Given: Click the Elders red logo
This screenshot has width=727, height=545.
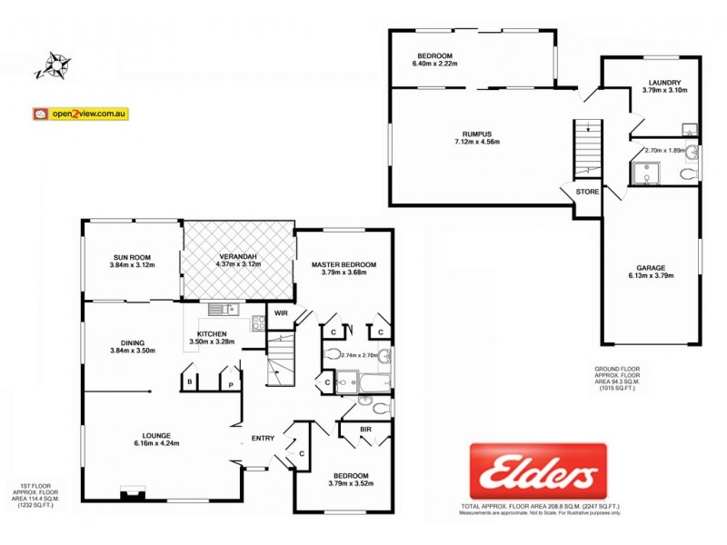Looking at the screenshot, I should (537, 471).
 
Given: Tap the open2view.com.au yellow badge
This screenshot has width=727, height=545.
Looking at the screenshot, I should (81, 114).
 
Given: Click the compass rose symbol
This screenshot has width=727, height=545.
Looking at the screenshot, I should (53, 66).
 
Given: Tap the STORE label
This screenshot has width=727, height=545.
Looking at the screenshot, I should (587, 192).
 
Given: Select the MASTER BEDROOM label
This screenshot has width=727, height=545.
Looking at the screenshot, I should (344, 265).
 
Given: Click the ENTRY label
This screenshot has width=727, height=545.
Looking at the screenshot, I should (263, 439).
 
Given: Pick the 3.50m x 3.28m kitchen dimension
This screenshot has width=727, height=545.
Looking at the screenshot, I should (212, 342).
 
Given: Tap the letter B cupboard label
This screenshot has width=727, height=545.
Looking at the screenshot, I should (189, 383).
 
